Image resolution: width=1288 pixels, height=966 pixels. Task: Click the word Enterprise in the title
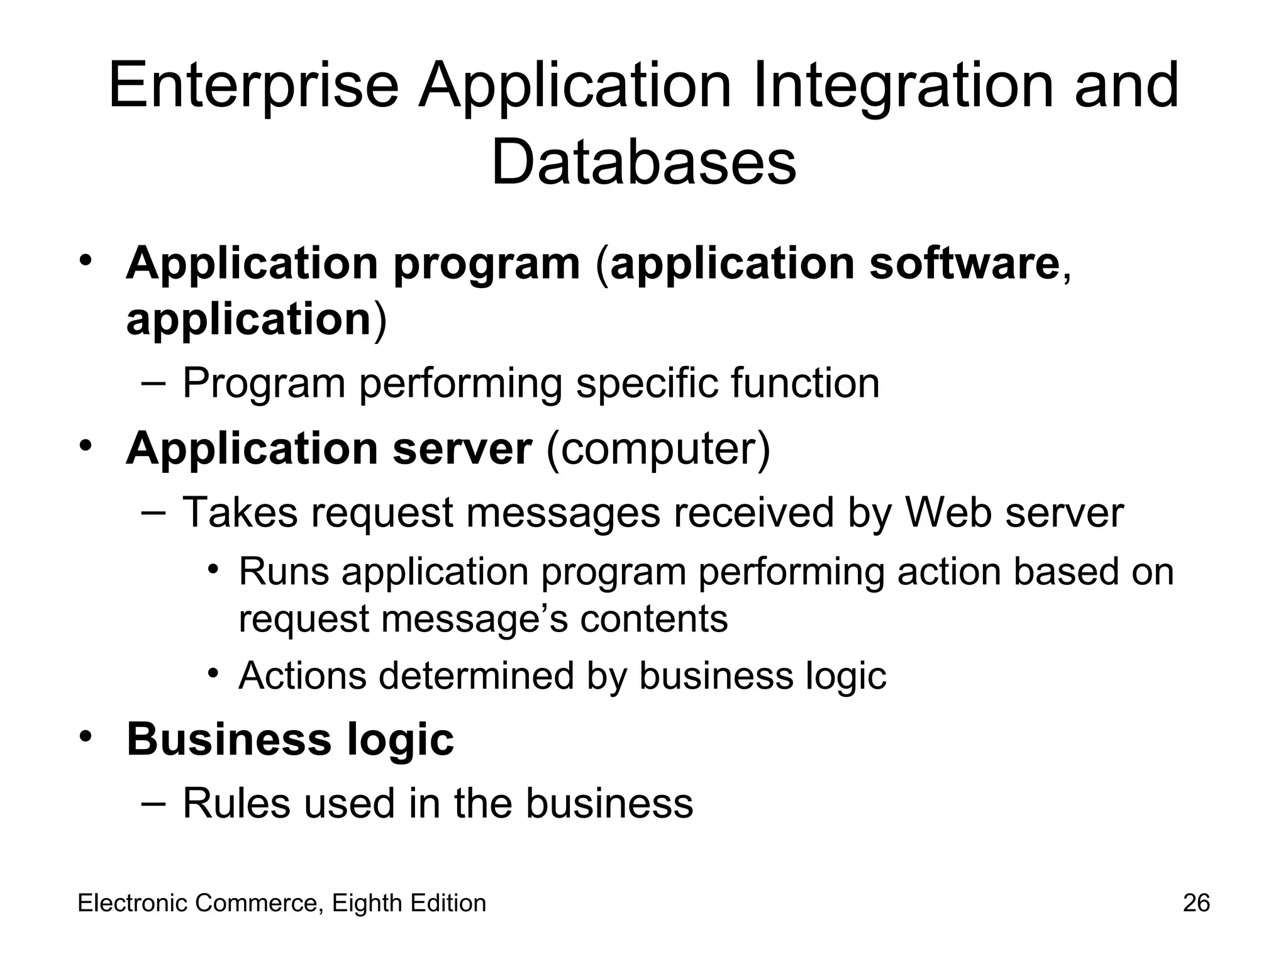[x=253, y=87]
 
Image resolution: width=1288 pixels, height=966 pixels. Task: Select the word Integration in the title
[x=902, y=87]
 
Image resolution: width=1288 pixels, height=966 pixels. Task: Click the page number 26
[x=1196, y=903]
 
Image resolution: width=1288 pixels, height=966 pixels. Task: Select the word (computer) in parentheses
[x=658, y=449]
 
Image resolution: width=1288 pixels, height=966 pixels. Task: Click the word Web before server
[x=948, y=513]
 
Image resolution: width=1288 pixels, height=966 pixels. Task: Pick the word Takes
[x=240, y=513]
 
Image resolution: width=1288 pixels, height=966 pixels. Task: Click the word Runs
[x=284, y=572]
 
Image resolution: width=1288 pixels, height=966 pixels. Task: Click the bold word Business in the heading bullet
[x=229, y=740]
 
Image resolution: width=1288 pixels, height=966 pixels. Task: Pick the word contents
[x=653, y=619]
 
